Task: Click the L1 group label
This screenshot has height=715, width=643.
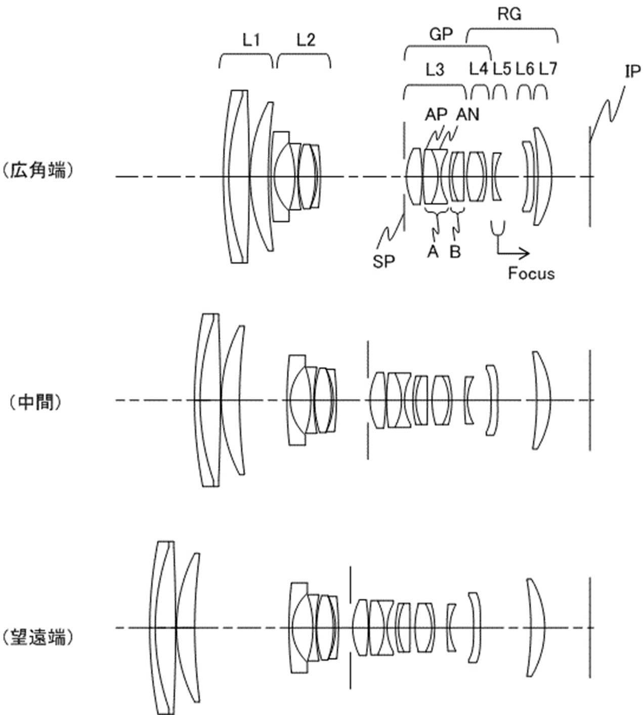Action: pyautogui.click(x=251, y=40)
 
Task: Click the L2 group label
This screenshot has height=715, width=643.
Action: pyautogui.click(x=306, y=40)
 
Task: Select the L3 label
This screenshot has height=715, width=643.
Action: pyautogui.click(x=435, y=70)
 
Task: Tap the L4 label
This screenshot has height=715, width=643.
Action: pyautogui.click(x=479, y=69)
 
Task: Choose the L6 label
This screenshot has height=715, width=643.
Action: pyautogui.click(x=525, y=69)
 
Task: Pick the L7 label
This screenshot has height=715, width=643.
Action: pyautogui.click(x=548, y=69)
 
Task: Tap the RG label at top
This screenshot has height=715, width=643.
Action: pyautogui.click(x=509, y=14)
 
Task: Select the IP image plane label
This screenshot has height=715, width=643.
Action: pyautogui.click(x=632, y=72)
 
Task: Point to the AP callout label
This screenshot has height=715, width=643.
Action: pyautogui.click(x=436, y=115)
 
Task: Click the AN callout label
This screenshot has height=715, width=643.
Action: pyautogui.click(x=467, y=115)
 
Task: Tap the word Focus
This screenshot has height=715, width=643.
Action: pyautogui.click(x=531, y=274)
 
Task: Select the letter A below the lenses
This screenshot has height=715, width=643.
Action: pyautogui.click(x=433, y=251)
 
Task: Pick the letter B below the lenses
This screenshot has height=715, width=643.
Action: pyautogui.click(x=456, y=251)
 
